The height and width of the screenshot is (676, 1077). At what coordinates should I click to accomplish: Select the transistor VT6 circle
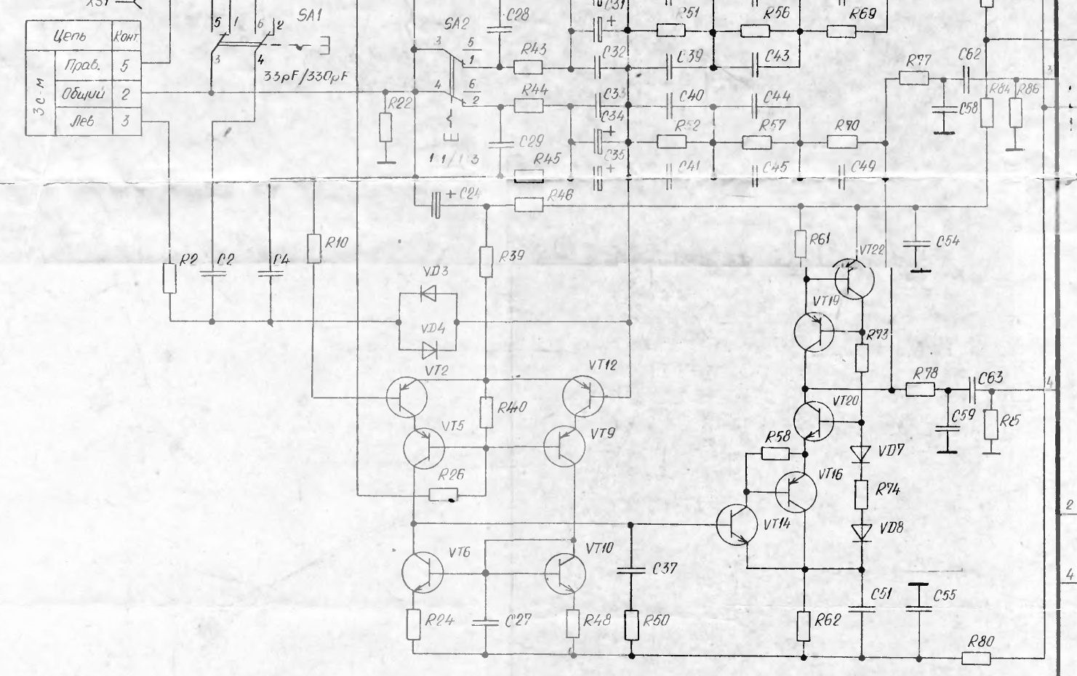point(423,572)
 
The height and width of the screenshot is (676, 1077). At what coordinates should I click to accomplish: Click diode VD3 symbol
point(428,294)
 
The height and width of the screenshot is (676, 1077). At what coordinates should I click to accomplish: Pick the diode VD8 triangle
point(862,530)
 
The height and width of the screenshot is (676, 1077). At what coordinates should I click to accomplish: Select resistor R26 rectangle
point(443,495)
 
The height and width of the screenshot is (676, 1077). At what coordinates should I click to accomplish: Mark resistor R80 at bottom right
point(976,658)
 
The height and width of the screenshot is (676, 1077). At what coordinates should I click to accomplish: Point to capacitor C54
point(916,241)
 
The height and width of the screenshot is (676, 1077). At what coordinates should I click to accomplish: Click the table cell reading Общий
point(84,94)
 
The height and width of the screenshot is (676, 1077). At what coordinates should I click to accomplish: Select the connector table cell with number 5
point(125,65)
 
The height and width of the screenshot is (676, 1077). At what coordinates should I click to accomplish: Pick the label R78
point(926,373)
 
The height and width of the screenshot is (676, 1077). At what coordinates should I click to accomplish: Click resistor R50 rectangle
point(630,626)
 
